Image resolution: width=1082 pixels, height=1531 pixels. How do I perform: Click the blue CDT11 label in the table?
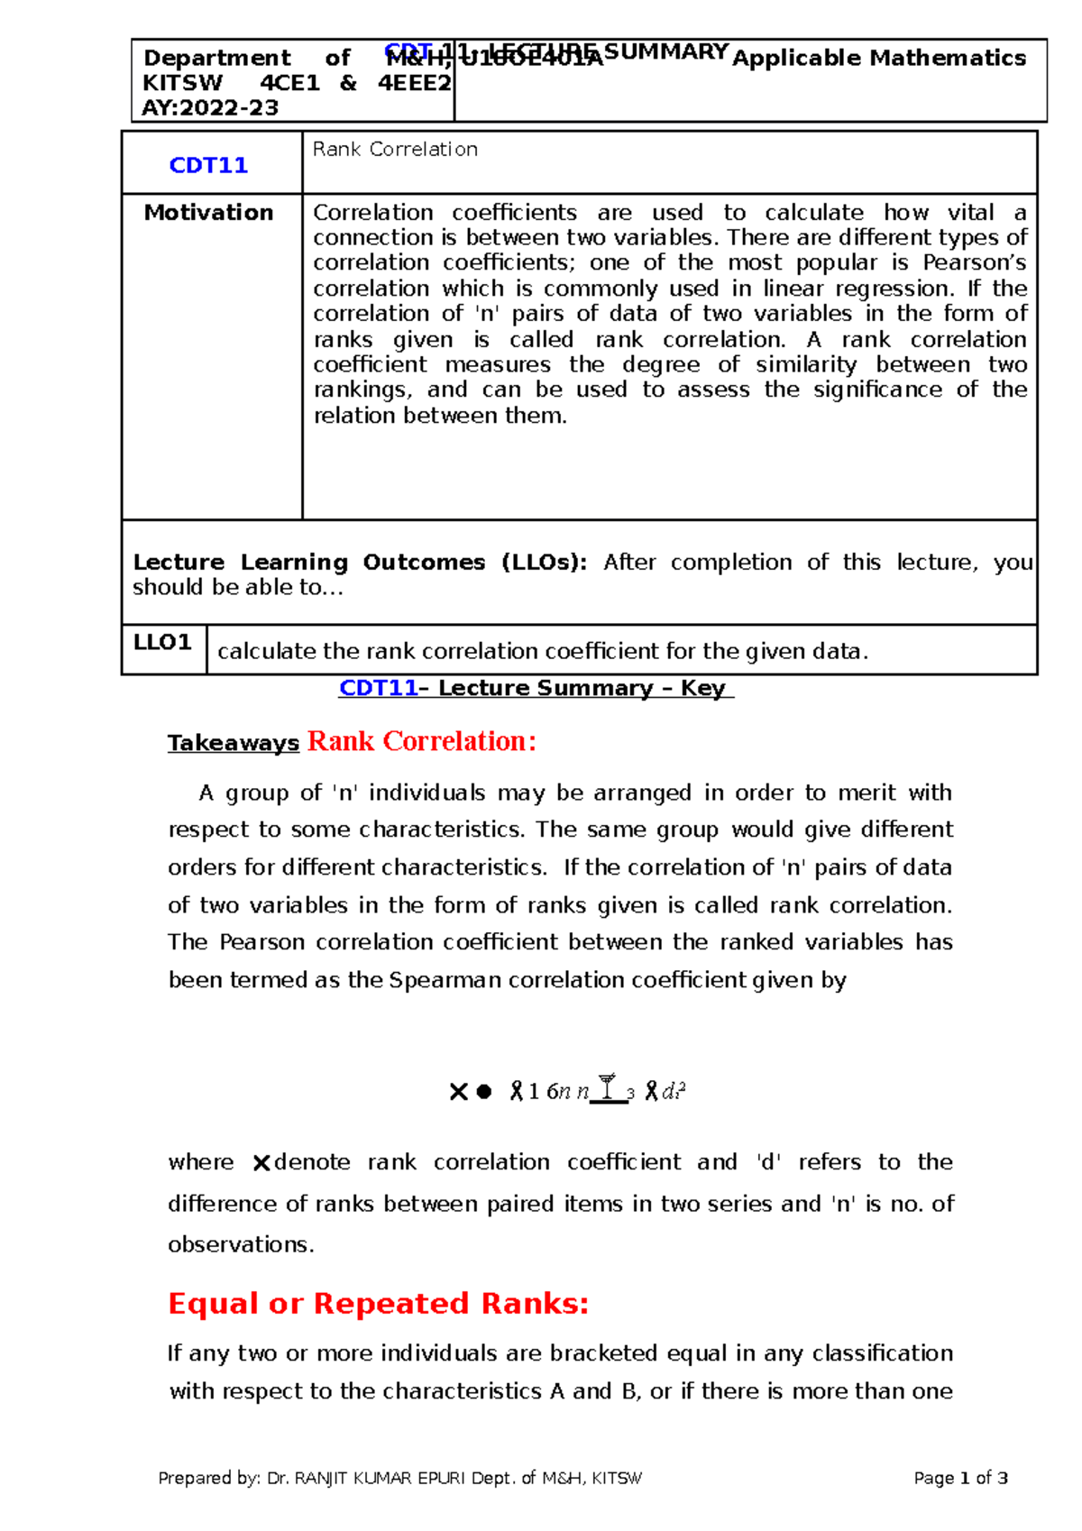point(208,165)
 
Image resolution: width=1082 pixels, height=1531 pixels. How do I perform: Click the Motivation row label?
point(208,213)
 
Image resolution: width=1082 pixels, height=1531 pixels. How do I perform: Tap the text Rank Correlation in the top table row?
point(395,150)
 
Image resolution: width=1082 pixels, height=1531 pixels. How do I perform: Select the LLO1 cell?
point(162,643)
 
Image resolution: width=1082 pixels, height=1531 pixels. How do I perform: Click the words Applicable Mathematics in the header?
point(879,59)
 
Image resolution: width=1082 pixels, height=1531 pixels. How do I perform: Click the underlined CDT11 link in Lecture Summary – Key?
point(378,688)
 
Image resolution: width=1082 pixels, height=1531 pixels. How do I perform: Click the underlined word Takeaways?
point(233,743)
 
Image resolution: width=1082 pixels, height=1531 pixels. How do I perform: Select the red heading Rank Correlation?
point(422,741)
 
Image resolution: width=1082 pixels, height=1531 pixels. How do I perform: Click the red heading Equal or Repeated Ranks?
point(378,1304)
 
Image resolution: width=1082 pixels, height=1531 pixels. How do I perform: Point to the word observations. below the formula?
point(241,1244)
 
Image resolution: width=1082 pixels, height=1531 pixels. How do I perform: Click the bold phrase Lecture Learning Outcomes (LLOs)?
point(360,563)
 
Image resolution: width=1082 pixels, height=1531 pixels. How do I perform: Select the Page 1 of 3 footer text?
point(960,1478)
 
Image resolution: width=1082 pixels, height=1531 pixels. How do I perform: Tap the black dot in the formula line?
point(484,1092)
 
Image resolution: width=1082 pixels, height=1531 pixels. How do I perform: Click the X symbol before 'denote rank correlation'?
point(261,1163)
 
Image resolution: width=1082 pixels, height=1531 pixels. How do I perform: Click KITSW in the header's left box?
point(182,83)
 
